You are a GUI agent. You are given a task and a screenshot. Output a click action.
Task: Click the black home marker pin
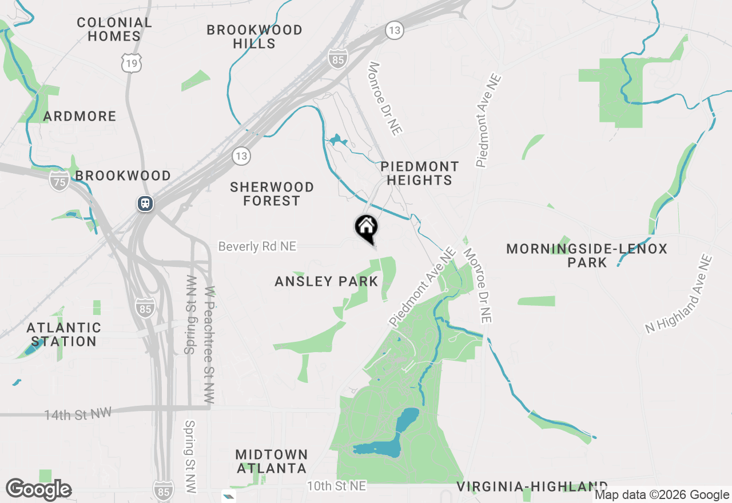(366, 227)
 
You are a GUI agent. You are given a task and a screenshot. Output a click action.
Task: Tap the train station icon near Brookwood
(145, 203)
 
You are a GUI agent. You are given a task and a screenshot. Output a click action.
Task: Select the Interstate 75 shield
(59, 181)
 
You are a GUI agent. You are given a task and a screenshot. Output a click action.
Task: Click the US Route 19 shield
(132, 63)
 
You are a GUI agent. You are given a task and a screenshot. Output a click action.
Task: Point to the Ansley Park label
(326, 281)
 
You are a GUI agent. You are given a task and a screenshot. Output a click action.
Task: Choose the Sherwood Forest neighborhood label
(272, 194)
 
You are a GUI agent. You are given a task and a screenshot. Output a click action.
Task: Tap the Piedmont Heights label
(420, 173)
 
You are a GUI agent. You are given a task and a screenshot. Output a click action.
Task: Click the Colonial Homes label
(114, 29)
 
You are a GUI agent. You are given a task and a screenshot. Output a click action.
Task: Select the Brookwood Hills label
(254, 37)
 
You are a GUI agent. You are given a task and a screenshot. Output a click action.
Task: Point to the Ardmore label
(80, 117)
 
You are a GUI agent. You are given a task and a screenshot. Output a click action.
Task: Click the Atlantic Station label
(64, 334)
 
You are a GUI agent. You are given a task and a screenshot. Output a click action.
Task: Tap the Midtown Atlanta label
(272, 461)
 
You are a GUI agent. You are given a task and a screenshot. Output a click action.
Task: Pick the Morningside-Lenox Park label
(587, 256)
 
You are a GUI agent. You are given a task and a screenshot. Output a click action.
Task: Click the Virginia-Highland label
(532, 486)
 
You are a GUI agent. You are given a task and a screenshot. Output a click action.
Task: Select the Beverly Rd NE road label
(257, 246)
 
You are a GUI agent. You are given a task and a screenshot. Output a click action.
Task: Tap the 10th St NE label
(336, 486)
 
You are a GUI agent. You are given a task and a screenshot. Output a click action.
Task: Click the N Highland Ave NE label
(679, 295)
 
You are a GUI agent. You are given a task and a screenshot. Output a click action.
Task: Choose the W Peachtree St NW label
(209, 345)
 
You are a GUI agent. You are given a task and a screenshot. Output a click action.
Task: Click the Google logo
(38, 490)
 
